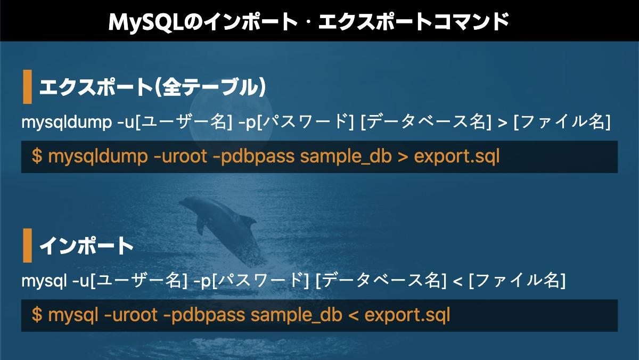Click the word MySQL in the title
click(x=146, y=22)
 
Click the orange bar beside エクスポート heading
click(x=27, y=87)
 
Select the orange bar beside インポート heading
click(x=27, y=246)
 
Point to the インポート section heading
click(x=86, y=246)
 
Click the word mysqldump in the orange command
click(x=98, y=157)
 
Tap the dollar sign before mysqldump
click(x=37, y=157)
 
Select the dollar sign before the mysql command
click(x=37, y=315)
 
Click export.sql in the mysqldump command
click(x=457, y=157)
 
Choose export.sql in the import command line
click(x=407, y=315)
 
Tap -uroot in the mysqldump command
click(x=181, y=157)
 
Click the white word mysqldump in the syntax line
click(x=67, y=122)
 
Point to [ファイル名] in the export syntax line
click(x=562, y=122)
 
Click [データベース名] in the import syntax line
click(x=381, y=281)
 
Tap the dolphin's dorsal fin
click(x=248, y=220)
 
